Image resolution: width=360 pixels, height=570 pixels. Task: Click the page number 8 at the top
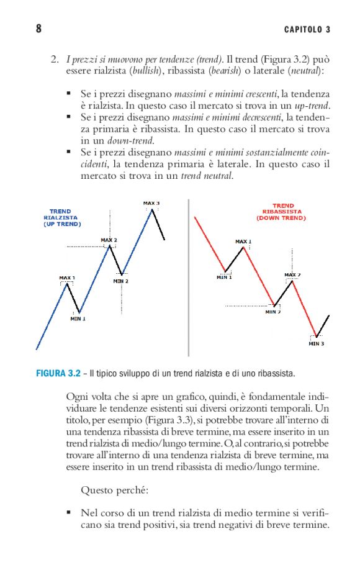coord(38,29)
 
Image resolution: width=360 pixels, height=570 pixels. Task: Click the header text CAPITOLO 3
coord(307,29)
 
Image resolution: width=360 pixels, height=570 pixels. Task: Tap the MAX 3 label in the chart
coord(151,203)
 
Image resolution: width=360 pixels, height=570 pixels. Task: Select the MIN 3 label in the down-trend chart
coord(317,343)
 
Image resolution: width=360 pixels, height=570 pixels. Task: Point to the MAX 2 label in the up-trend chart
coord(109,240)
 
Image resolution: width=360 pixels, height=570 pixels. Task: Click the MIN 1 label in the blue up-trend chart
coord(78,319)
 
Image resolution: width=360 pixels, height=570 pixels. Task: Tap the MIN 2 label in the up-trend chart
coord(121,281)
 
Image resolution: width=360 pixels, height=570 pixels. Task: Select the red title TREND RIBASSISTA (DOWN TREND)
coord(283,212)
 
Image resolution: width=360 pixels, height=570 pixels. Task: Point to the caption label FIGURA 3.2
coord(58,374)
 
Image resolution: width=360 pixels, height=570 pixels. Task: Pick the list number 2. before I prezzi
coord(55,60)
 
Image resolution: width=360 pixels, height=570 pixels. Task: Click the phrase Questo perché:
coord(114,490)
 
